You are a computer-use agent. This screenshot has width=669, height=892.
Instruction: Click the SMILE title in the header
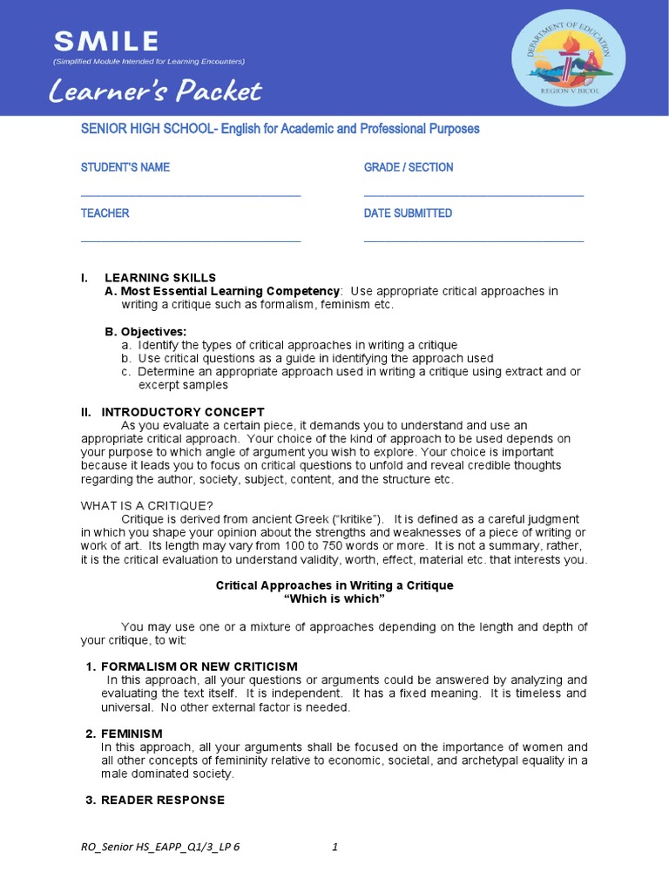(x=106, y=40)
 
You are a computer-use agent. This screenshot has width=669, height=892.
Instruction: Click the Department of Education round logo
(x=567, y=57)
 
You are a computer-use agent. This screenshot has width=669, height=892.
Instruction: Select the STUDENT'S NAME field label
(x=125, y=167)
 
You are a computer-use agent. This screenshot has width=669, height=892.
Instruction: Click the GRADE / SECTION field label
(x=409, y=167)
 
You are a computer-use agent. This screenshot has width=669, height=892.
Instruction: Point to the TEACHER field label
(x=105, y=213)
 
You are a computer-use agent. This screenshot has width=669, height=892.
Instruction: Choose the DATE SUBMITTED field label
(x=408, y=213)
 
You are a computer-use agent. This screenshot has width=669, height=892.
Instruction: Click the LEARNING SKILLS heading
(x=160, y=277)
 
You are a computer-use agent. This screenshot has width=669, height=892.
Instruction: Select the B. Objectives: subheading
(x=145, y=332)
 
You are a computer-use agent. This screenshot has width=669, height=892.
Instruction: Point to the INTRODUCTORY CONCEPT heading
(x=183, y=411)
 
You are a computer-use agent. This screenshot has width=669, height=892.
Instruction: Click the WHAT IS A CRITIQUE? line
(x=147, y=505)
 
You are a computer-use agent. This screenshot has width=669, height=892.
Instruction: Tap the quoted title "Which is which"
(x=334, y=599)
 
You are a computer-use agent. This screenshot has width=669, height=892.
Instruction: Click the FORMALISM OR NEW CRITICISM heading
(x=199, y=666)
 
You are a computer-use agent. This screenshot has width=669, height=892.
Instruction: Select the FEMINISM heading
(x=132, y=733)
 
